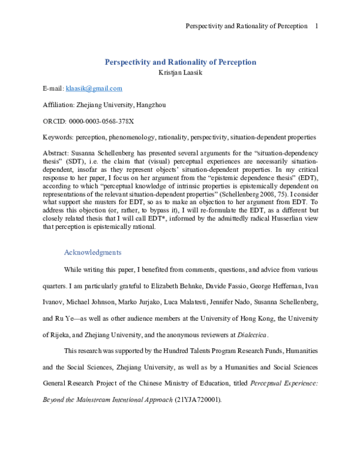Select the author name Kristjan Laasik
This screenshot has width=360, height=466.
click(x=181, y=73)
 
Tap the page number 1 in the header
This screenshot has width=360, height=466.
click(x=316, y=26)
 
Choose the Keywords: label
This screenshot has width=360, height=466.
click(x=58, y=138)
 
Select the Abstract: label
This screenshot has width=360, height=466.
click(x=57, y=154)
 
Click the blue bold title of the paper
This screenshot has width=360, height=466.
click(x=181, y=62)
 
